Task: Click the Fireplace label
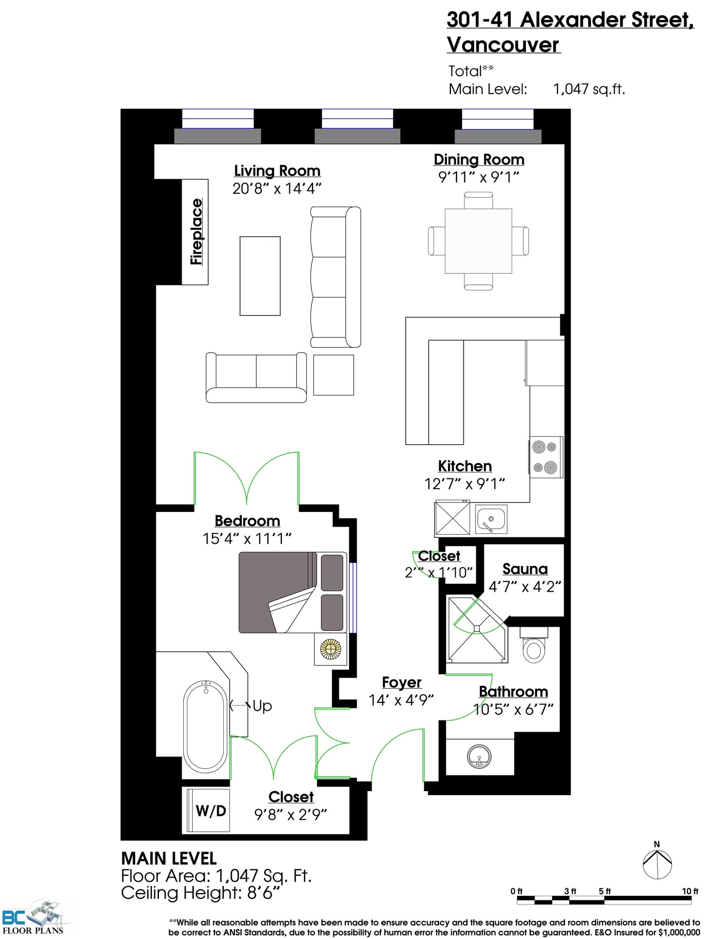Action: point(196,232)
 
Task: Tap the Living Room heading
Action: point(277,171)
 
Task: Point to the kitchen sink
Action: point(491,519)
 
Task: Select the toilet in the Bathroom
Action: point(534,645)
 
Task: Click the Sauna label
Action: point(525,569)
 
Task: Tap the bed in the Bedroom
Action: point(293,592)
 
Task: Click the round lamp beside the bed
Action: point(331,649)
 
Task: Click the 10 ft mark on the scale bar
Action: point(690,891)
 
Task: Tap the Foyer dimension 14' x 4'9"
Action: point(401,700)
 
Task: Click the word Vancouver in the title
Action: point(503,45)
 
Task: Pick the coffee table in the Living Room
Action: point(260,276)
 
